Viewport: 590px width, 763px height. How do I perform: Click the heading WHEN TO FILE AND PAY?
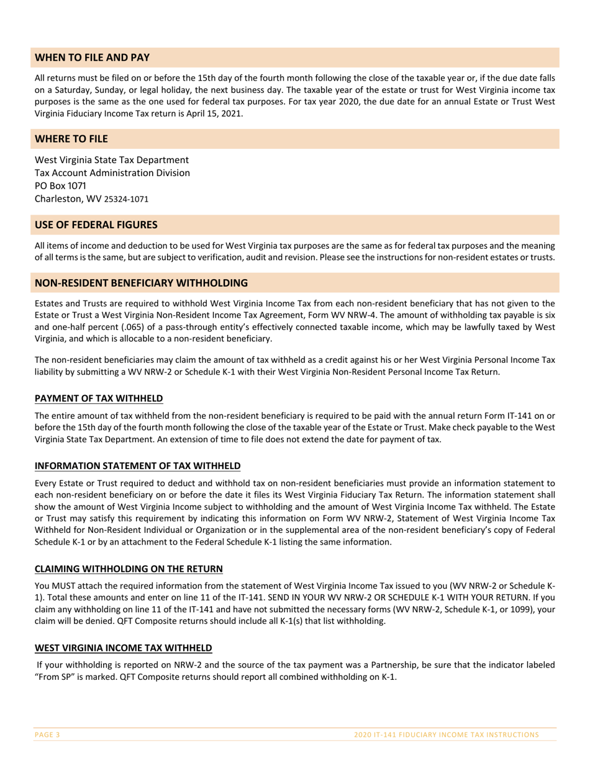92,58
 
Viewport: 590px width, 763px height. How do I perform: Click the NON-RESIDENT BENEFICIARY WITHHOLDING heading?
141,283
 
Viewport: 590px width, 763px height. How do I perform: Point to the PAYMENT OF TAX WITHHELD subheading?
99,398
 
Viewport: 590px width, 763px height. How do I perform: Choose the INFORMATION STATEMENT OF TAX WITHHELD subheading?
137,466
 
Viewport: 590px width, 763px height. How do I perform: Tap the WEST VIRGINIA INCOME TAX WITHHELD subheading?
123,648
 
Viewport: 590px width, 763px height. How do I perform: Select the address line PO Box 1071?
60,186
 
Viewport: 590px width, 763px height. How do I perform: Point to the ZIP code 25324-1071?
126,200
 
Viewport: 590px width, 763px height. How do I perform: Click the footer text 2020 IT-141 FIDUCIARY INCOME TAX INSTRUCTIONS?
446,734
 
